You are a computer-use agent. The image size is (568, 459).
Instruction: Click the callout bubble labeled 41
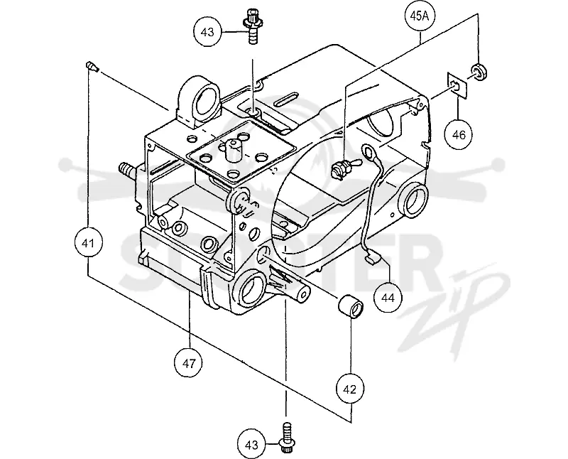point(88,242)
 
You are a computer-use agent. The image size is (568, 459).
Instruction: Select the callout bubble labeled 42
point(350,389)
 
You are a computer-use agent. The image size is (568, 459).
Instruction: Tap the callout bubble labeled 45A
point(420,17)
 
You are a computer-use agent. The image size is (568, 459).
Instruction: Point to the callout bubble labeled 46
point(459,134)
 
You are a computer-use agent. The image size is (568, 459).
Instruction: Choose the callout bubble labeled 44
point(388,297)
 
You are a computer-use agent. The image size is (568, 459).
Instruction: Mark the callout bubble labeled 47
point(189,363)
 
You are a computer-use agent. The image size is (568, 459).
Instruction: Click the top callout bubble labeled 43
point(207,32)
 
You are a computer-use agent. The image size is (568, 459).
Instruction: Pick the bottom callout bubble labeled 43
point(252,444)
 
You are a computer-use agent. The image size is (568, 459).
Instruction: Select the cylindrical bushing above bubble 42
point(351,306)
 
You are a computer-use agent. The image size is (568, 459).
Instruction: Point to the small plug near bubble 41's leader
point(92,67)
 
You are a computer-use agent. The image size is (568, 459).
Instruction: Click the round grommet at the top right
point(479,72)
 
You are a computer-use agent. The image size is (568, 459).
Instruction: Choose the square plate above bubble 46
point(457,85)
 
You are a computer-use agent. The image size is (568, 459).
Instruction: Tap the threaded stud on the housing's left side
point(127,170)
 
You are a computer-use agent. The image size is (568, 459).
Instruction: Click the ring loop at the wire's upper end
point(369,151)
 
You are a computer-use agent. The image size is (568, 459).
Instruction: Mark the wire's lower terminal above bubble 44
point(372,258)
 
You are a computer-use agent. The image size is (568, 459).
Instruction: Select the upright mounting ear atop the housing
point(200,102)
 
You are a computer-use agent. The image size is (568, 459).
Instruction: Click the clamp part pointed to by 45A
point(342,168)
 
